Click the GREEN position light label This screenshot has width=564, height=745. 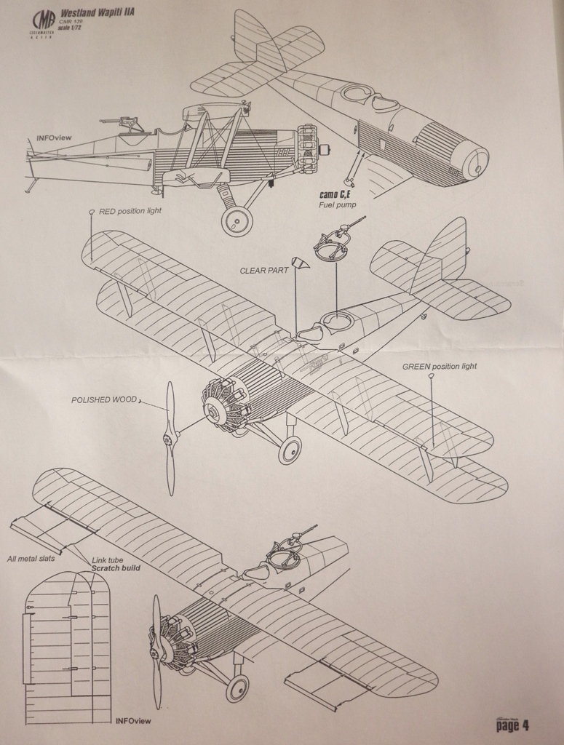440,366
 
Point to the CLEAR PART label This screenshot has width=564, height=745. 264,271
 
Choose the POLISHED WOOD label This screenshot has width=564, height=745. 103,400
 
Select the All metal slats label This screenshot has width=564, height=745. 31,559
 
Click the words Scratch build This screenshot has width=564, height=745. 116,567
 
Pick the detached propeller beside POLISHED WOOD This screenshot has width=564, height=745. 170,438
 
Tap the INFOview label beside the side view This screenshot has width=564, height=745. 54,138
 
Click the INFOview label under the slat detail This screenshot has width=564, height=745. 133,720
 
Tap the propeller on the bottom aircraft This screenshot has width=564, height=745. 156,651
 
